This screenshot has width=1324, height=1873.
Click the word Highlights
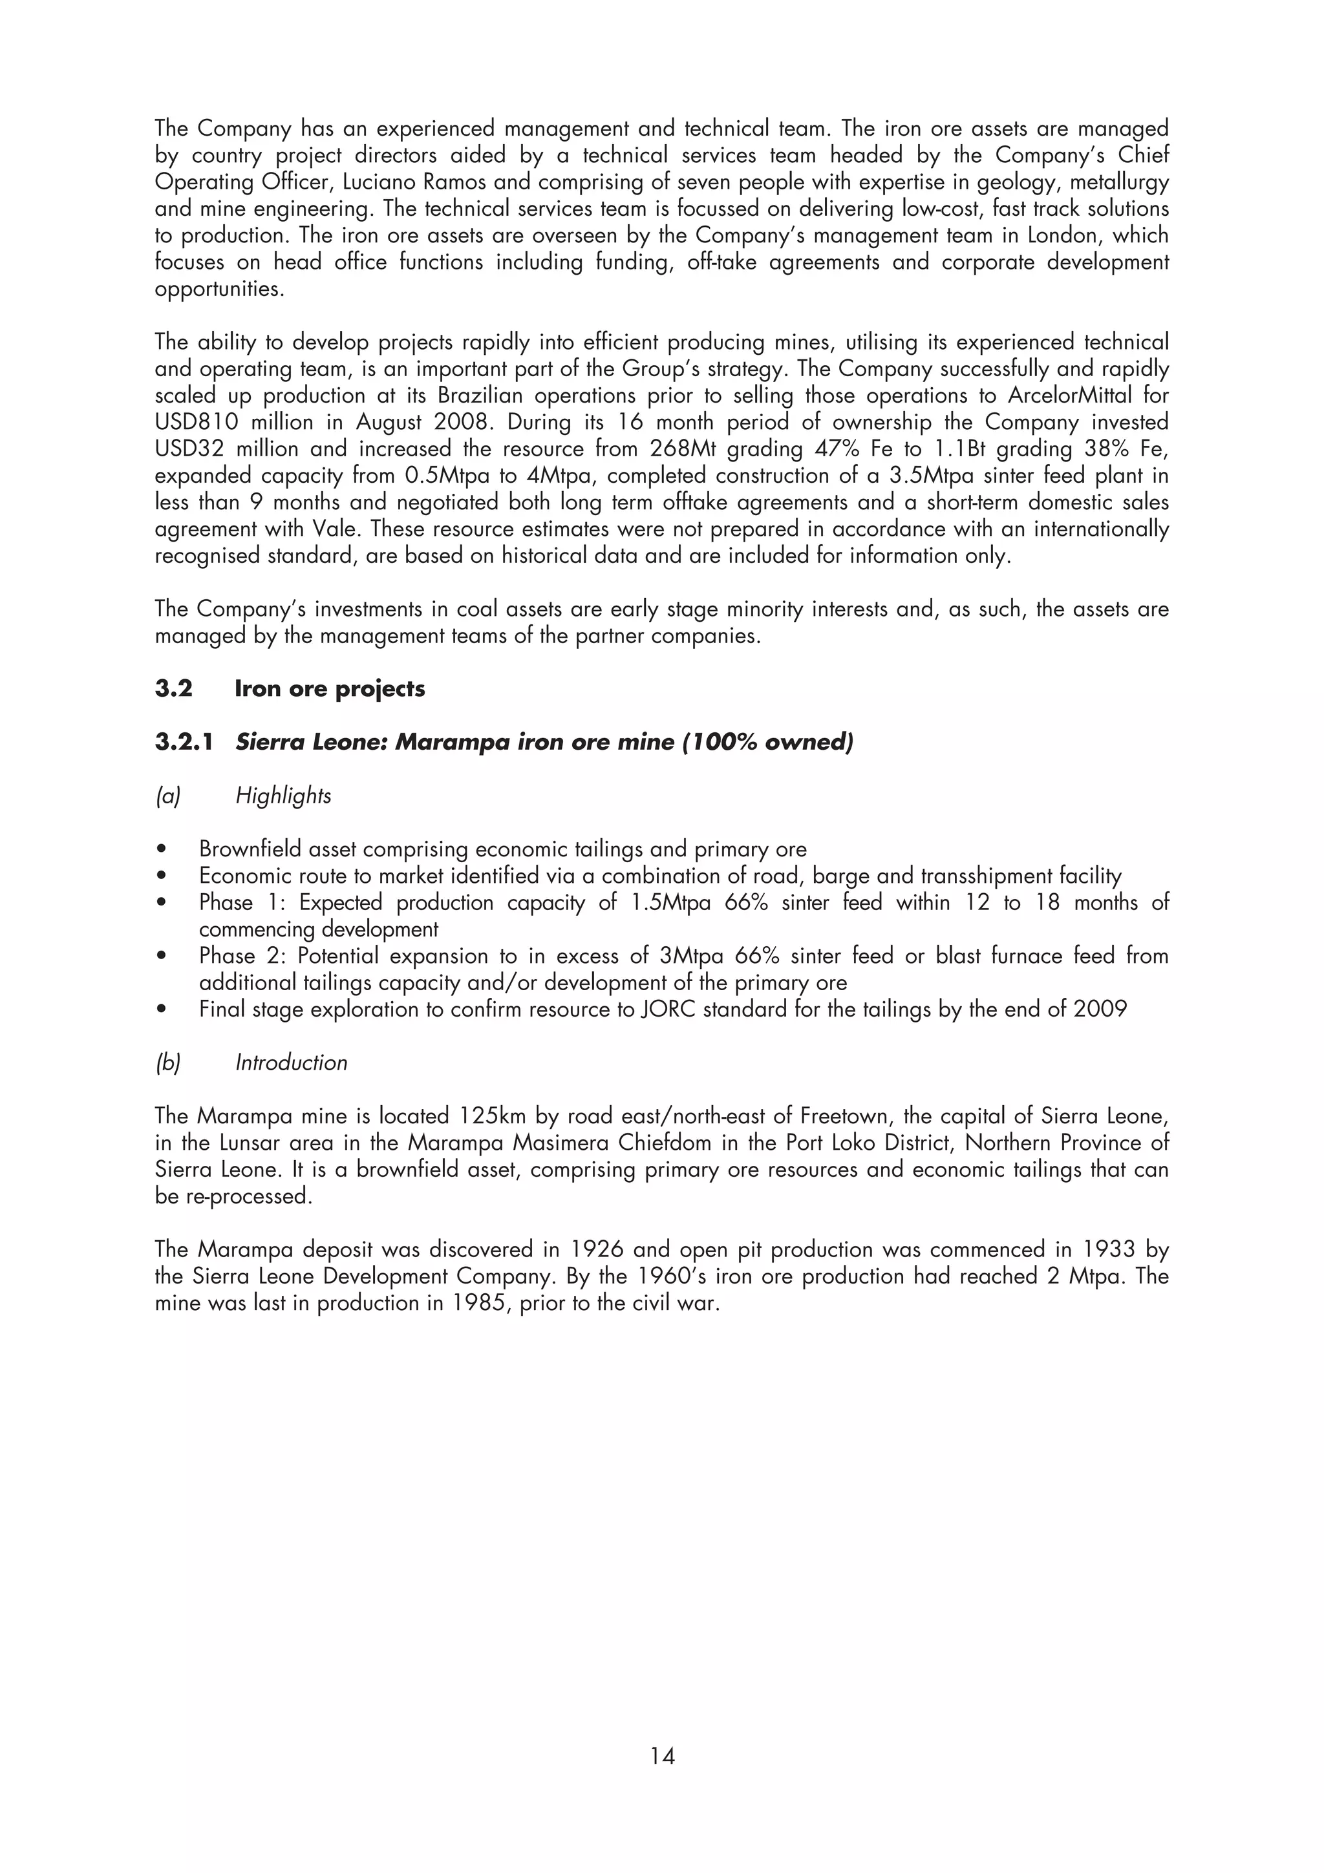[283, 796]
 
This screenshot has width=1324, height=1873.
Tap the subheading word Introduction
[291, 1062]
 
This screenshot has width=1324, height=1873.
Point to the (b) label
[167, 1062]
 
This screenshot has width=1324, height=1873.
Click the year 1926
[599, 1250]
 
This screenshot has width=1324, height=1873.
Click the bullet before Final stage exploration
[163, 1010]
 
